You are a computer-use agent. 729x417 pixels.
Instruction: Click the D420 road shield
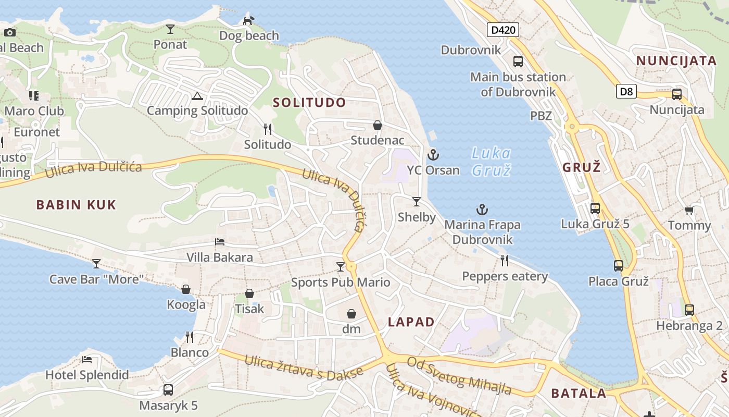503,30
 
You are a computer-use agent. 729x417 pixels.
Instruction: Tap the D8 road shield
626,92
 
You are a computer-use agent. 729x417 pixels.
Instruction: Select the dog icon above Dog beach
249,20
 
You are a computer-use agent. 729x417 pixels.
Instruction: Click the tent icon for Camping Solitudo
197,96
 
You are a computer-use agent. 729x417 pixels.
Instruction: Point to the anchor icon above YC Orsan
433,155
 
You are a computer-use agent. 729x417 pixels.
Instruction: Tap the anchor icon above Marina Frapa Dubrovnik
482,210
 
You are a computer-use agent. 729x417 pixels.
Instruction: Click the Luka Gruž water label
491,162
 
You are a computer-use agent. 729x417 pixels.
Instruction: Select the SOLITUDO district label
309,103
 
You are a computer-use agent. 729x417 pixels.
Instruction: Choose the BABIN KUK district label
76,204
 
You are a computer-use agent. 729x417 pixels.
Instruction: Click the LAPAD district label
411,322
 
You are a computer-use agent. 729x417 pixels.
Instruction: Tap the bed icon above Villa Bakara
220,242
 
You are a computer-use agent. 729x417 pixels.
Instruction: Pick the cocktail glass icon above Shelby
417,202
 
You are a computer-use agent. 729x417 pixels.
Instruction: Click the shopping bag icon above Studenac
378,125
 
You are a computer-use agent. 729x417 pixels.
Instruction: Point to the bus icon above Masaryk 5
168,389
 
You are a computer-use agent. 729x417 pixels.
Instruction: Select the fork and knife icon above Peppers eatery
505,260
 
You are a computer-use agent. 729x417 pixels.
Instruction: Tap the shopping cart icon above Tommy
689,210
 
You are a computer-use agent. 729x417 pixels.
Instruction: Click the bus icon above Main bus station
518,62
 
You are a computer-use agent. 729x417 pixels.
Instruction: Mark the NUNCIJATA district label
676,60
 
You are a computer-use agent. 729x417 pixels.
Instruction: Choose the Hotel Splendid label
87,375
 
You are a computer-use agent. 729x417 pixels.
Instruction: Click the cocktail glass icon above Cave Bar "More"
96,263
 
